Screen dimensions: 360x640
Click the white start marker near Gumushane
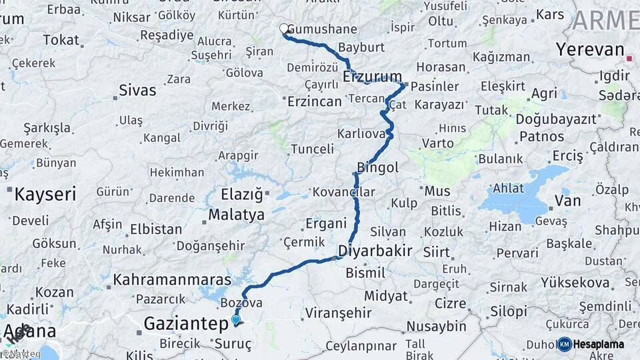coord(284,29)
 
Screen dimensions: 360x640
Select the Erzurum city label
coord(372,76)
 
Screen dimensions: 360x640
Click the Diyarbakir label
coord(375,251)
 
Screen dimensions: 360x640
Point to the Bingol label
coord(377,167)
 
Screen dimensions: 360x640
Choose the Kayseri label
coord(45,194)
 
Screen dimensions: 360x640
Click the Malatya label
coord(236,215)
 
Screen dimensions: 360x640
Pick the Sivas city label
coord(137,90)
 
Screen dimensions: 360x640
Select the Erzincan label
coord(314,101)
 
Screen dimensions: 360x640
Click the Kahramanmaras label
coord(172,279)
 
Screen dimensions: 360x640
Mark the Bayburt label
coord(361,47)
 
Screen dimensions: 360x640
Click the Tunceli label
coord(312,148)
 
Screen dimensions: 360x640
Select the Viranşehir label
coord(338,312)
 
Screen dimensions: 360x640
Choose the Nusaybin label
coord(437,326)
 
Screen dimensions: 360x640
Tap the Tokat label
coord(61,40)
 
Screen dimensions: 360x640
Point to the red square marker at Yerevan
coord(629,59)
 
